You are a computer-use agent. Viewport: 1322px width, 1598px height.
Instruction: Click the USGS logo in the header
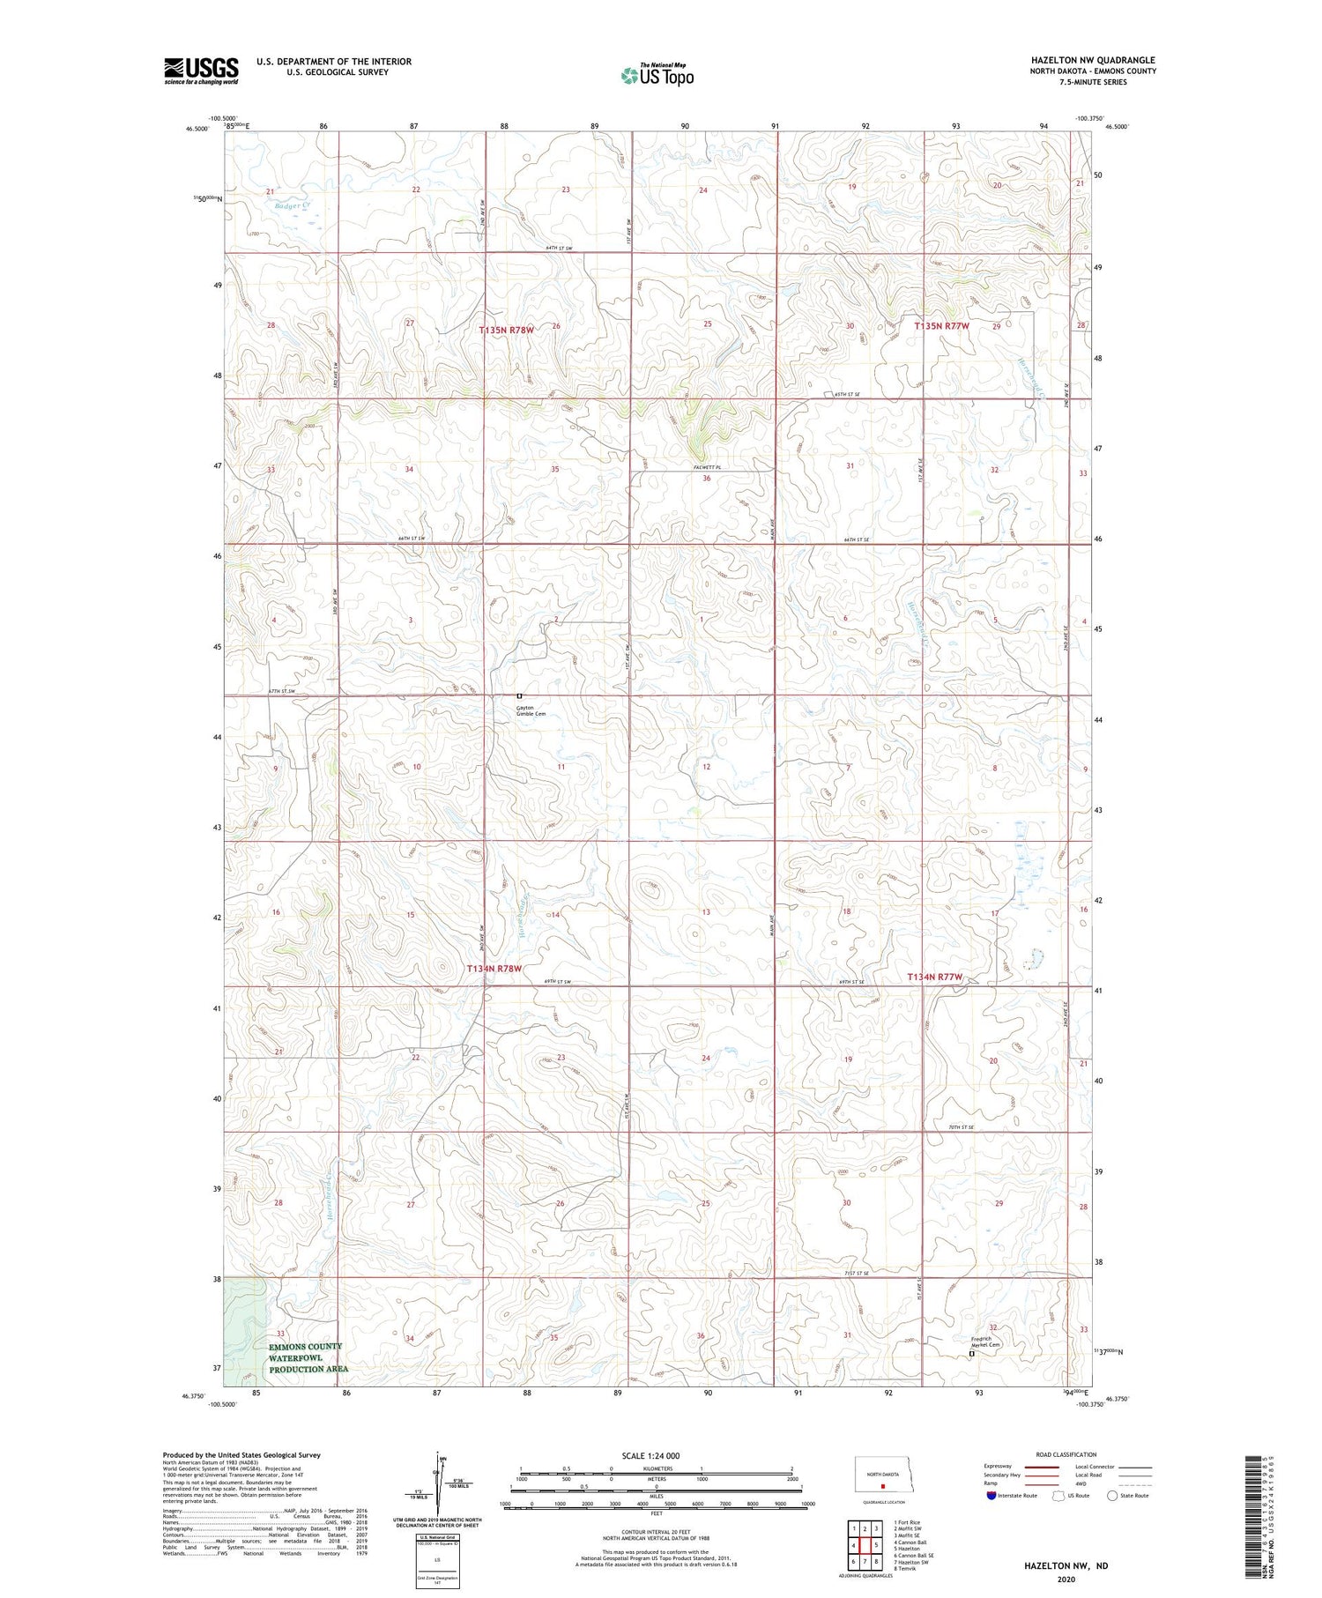pos(201,71)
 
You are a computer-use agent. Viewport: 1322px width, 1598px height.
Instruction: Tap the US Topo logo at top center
pos(657,76)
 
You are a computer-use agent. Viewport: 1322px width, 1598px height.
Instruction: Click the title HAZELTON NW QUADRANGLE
pos(1093,60)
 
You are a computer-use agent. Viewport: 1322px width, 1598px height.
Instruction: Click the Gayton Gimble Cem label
pos(531,710)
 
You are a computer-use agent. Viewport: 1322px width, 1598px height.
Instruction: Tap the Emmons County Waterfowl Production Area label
pos(306,1358)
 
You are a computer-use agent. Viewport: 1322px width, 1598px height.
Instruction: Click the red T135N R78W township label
pos(507,330)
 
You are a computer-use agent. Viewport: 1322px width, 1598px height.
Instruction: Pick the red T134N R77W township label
pos(934,977)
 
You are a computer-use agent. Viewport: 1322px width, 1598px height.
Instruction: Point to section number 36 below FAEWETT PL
pos(707,479)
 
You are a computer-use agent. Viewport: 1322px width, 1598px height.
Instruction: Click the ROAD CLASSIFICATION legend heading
pos(1066,1454)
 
